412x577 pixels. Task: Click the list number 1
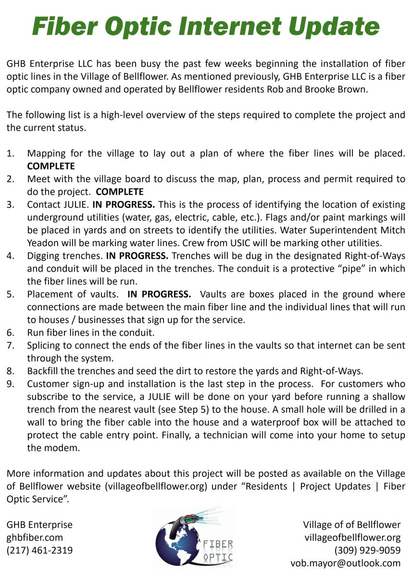pos(10,153)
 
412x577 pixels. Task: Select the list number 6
pos(10,332)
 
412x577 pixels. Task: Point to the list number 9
pos(10,384)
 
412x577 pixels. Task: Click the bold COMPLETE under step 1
pos(51,166)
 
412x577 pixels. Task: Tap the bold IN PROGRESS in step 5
pos(159,294)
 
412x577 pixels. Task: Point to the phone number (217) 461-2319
pos(39,550)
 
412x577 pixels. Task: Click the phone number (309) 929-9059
pos(367,550)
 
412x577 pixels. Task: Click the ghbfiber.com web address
pos(35,537)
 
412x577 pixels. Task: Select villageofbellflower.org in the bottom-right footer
pos(352,537)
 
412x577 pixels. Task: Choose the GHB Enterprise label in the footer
pos(39,524)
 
